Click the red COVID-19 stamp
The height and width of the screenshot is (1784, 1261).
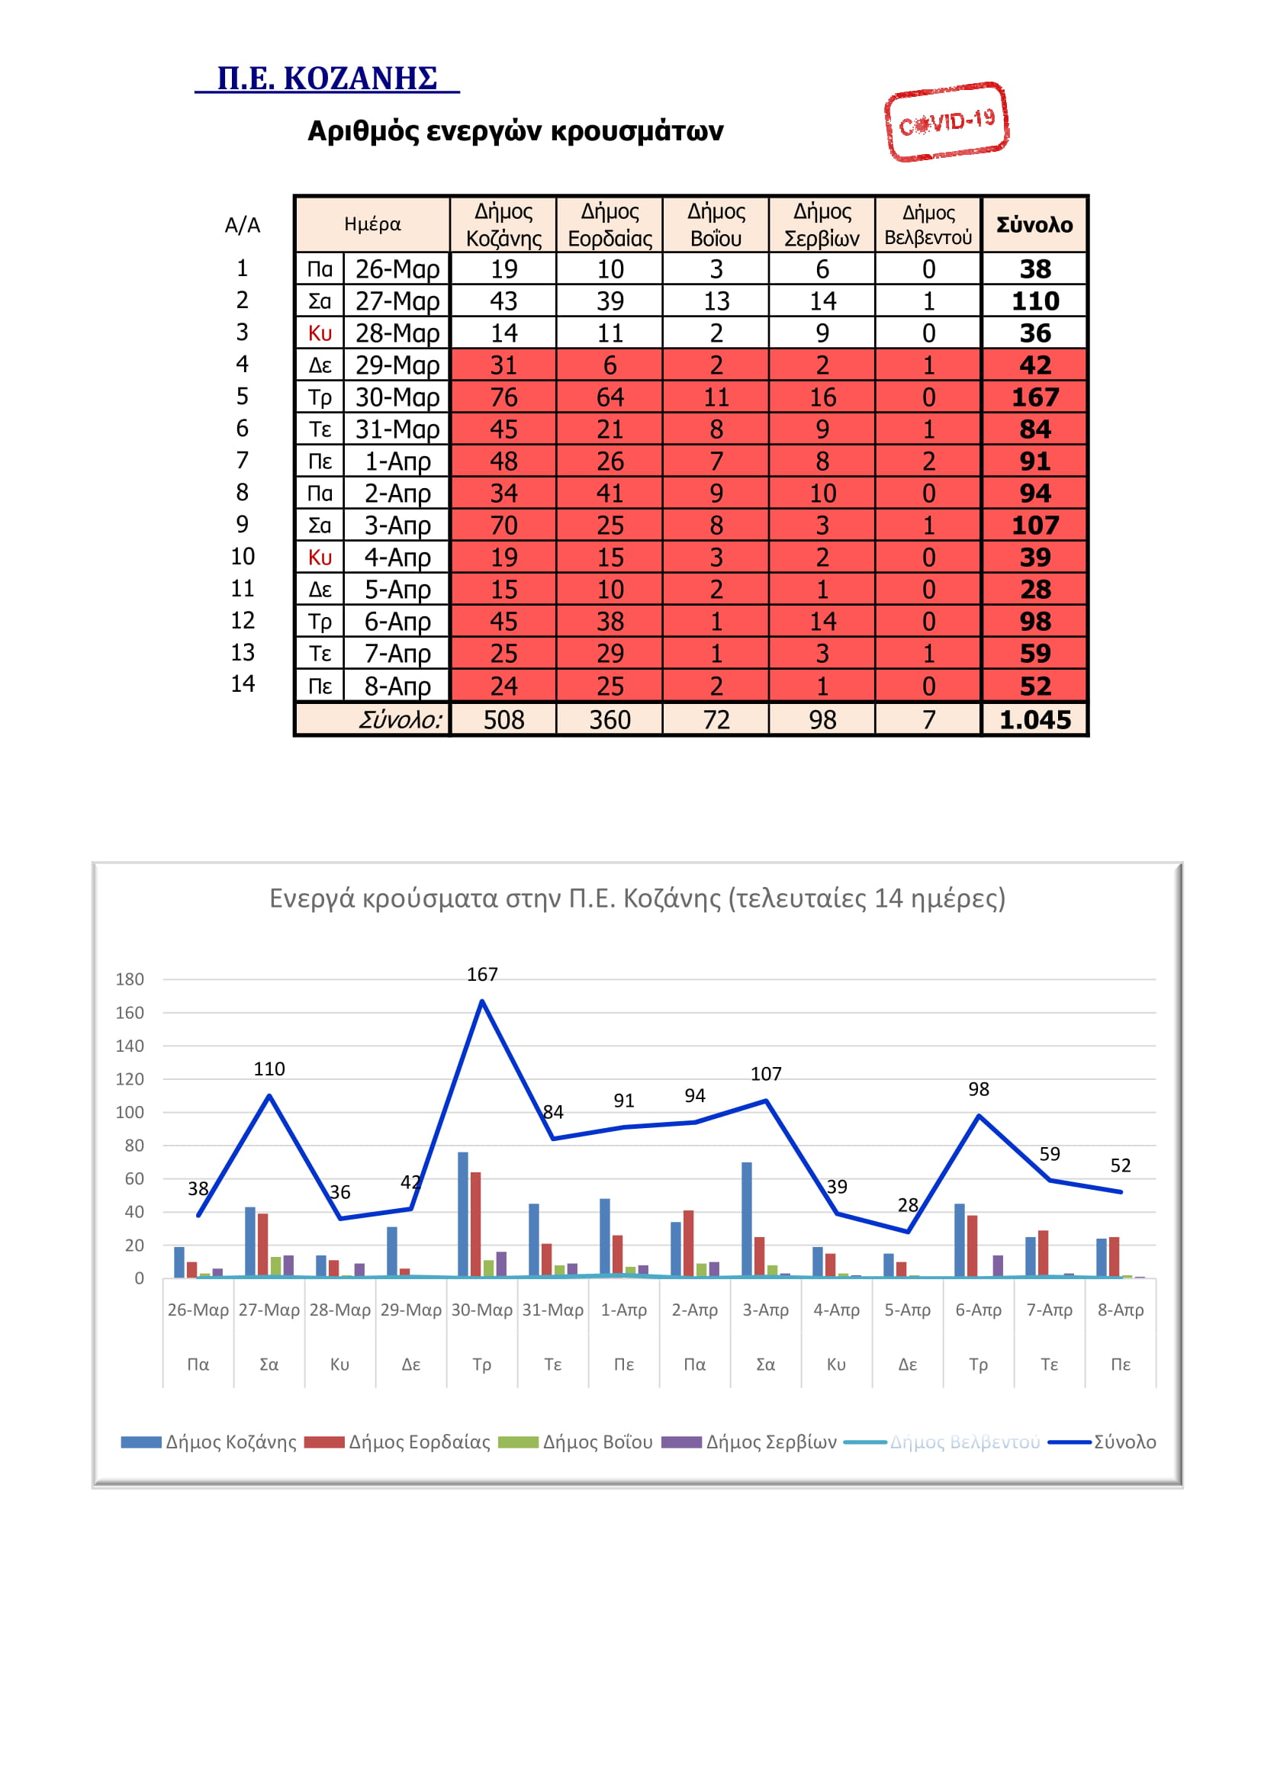tap(947, 122)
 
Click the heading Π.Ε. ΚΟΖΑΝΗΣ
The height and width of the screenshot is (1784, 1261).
tap(327, 79)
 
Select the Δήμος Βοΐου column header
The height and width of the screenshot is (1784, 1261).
tap(716, 224)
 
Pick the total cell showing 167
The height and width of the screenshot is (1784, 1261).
tap(1035, 397)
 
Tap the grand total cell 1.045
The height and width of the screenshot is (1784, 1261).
tap(1035, 719)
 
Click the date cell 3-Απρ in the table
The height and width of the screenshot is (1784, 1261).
tap(397, 526)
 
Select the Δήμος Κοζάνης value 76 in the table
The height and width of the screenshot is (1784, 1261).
tap(503, 397)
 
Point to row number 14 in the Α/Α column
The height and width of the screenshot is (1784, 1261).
tap(243, 683)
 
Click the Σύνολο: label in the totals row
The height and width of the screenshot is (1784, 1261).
tap(401, 720)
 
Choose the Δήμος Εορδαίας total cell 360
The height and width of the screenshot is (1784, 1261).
tap(610, 719)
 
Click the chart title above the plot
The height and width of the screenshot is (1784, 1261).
tap(637, 898)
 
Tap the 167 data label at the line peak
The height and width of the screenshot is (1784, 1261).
tap(481, 974)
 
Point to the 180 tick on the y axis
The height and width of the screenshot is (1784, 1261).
tap(130, 979)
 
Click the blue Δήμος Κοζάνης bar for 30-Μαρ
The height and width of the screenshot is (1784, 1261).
tap(463, 1214)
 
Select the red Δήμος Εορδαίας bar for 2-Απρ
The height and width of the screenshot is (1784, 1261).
tap(688, 1243)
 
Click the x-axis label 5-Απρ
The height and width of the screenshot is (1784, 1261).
tap(908, 1310)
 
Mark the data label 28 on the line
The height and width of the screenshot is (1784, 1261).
tap(908, 1205)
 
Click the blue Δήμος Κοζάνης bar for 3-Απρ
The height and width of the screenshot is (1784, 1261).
tap(747, 1220)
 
